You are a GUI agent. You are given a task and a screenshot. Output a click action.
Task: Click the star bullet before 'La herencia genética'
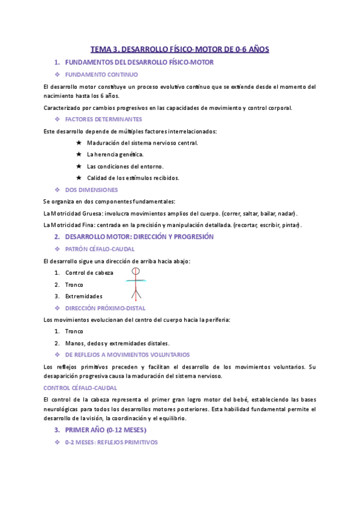point(79,154)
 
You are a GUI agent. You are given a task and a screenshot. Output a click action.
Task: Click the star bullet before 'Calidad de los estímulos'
point(79,178)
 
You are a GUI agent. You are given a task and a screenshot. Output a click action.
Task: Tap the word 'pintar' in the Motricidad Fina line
point(290,224)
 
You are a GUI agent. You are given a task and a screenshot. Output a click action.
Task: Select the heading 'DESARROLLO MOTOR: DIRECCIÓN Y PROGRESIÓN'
point(139,236)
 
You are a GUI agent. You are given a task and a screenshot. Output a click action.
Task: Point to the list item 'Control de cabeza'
point(89,273)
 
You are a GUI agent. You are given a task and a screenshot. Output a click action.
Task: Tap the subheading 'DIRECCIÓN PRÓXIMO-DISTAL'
point(109,307)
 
